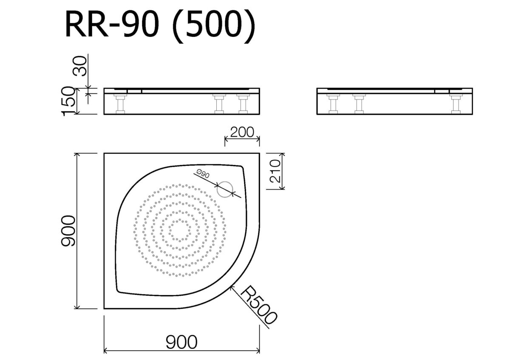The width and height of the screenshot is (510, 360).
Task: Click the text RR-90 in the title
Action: tap(111, 26)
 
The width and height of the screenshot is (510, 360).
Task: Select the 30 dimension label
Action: tap(80, 65)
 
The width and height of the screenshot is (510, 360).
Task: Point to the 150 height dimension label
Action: tap(69, 101)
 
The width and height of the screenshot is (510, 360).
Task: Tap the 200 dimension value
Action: tap(242, 132)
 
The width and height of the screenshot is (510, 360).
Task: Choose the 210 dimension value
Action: tap(276, 171)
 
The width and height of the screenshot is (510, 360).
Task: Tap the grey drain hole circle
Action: tap(225, 189)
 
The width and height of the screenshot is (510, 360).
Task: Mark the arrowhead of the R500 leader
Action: tap(230, 288)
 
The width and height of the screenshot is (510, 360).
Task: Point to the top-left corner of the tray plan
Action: tap(105, 154)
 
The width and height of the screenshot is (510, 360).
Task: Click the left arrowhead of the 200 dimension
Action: tap(226, 139)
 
